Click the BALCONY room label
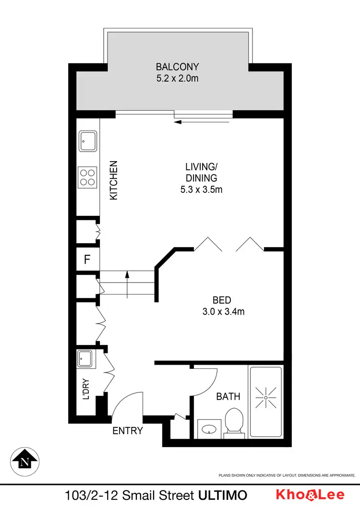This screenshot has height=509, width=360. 177,67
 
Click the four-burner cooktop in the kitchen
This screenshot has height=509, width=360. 88,177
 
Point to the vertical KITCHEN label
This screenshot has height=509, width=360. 114,180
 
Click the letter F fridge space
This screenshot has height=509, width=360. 87,260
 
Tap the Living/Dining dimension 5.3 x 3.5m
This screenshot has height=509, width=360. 201,189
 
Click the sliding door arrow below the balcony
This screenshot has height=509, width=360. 192,122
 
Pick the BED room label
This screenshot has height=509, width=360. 222,301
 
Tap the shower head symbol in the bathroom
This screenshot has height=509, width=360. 265,398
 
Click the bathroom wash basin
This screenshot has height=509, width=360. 209,428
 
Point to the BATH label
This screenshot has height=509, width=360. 228,397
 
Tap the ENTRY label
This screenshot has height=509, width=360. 128,431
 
